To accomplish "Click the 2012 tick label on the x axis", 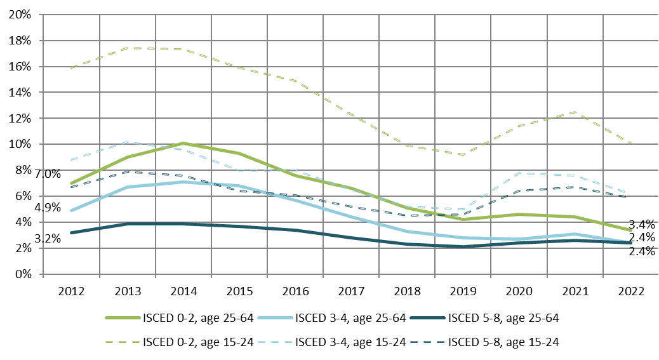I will tap(71, 291).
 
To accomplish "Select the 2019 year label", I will tap(463, 291).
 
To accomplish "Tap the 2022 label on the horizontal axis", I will tap(631, 291).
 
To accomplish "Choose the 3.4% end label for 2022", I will tap(642, 224).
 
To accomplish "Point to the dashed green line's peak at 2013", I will tap(128, 48).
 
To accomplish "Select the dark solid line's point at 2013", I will tap(128, 223).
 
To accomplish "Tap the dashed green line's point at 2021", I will tap(575, 112).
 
